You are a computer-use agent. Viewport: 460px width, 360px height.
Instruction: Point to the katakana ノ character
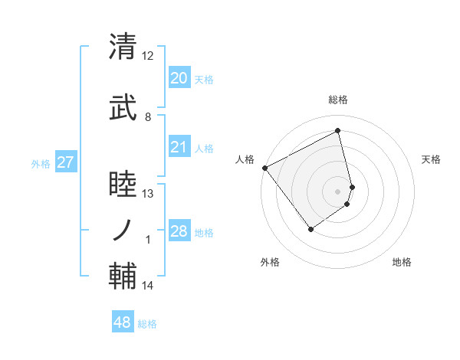tap(123, 229)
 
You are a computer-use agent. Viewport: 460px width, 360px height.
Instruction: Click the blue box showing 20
tap(179, 78)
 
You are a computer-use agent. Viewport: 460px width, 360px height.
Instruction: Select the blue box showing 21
tap(179, 147)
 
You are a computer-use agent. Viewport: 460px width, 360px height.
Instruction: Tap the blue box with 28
tap(179, 231)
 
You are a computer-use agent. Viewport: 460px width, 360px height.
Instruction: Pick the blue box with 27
tap(65, 162)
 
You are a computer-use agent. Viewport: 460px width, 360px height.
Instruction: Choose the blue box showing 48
tap(123, 322)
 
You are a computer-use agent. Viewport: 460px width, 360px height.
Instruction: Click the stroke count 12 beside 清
tap(147, 56)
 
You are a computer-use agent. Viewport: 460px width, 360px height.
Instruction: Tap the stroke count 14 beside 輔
tap(147, 286)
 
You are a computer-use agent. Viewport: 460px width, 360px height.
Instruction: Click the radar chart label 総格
tap(338, 100)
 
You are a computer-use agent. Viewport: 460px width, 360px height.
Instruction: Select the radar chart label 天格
tap(432, 159)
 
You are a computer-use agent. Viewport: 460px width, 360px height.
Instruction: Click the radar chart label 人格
tap(245, 159)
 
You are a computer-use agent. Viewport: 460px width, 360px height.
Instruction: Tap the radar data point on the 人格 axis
tap(264, 168)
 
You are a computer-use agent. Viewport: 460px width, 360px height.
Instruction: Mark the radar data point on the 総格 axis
tap(338, 130)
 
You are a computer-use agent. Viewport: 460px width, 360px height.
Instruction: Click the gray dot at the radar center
tap(337, 191)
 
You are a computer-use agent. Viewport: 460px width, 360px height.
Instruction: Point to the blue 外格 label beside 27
tap(41, 163)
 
